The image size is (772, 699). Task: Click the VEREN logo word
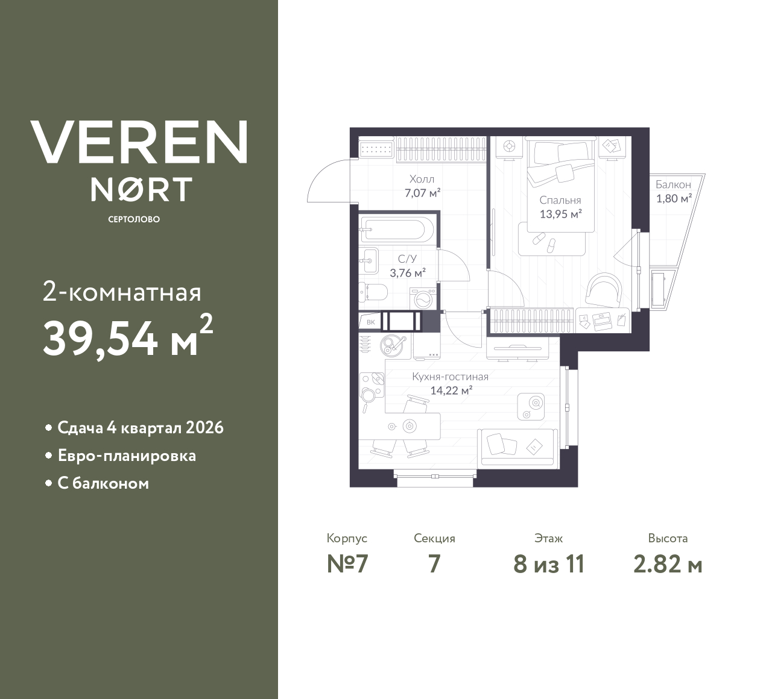click(139, 142)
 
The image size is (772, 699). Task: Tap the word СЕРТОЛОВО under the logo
click(134, 219)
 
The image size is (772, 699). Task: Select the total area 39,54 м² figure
click(127, 337)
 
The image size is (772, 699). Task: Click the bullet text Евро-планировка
click(127, 456)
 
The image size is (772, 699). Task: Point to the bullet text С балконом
click(103, 483)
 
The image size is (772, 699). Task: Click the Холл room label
click(422, 180)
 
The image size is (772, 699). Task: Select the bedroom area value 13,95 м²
click(560, 213)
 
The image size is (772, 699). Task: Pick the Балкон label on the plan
click(673, 185)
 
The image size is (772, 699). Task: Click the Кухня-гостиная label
click(450, 377)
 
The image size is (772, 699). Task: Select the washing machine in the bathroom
click(422, 298)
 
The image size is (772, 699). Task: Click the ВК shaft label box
click(370, 322)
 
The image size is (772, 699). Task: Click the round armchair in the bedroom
click(603, 289)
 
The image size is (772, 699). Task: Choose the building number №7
click(347, 565)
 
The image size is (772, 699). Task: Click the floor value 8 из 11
click(549, 565)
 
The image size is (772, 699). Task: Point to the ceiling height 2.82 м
click(668, 565)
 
